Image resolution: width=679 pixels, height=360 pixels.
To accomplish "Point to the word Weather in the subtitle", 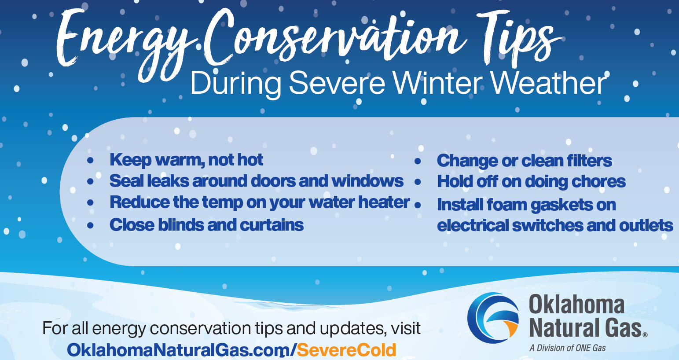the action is click(549, 83).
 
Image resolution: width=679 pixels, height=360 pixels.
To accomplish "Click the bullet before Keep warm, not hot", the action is click(90, 160).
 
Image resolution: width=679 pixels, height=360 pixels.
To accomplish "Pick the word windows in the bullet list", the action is click(367, 181).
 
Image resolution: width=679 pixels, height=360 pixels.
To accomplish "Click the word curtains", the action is click(272, 225).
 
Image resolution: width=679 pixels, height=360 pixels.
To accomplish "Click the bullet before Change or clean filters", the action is click(418, 161).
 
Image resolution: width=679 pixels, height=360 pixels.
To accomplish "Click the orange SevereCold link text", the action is click(346, 350).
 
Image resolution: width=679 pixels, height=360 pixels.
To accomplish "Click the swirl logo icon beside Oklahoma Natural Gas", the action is click(493, 318).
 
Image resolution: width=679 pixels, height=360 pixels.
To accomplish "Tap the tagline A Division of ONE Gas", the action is click(568, 348).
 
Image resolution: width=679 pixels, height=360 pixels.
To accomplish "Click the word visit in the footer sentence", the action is click(406, 328).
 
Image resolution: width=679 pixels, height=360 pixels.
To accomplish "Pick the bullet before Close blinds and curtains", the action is click(90, 225).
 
